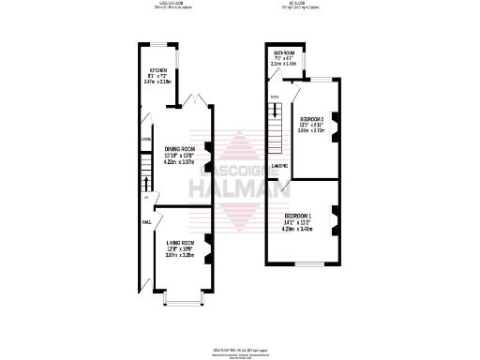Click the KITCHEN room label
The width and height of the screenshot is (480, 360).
tap(157, 70)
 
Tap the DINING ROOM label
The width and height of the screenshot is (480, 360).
tap(179, 147)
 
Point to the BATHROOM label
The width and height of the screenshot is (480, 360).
tap(285, 52)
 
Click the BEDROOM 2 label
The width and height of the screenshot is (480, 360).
tap(310, 119)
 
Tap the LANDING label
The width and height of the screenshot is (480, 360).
tap(279, 166)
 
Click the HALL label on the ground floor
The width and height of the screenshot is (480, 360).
tap(146, 223)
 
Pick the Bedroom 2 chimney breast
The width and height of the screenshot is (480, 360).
tap(336, 119)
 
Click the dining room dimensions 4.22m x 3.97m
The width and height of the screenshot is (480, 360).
tap(179, 161)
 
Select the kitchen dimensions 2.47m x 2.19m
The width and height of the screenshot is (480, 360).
tap(157, 82)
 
